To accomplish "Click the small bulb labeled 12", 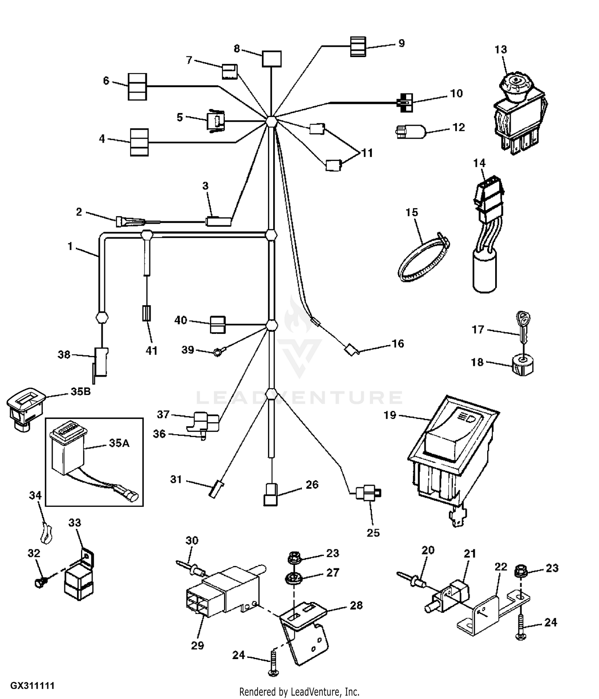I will click(411, 131).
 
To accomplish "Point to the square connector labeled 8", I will click(272, 59).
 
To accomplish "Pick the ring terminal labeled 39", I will click(218, 352).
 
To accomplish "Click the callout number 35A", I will click(119, 443).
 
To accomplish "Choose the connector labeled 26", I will click(270, 495).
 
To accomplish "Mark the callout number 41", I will click(151, 351).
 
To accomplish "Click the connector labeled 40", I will click(218, 324).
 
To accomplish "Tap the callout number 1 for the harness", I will click(70, 246).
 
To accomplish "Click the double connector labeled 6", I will click(137, 87).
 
